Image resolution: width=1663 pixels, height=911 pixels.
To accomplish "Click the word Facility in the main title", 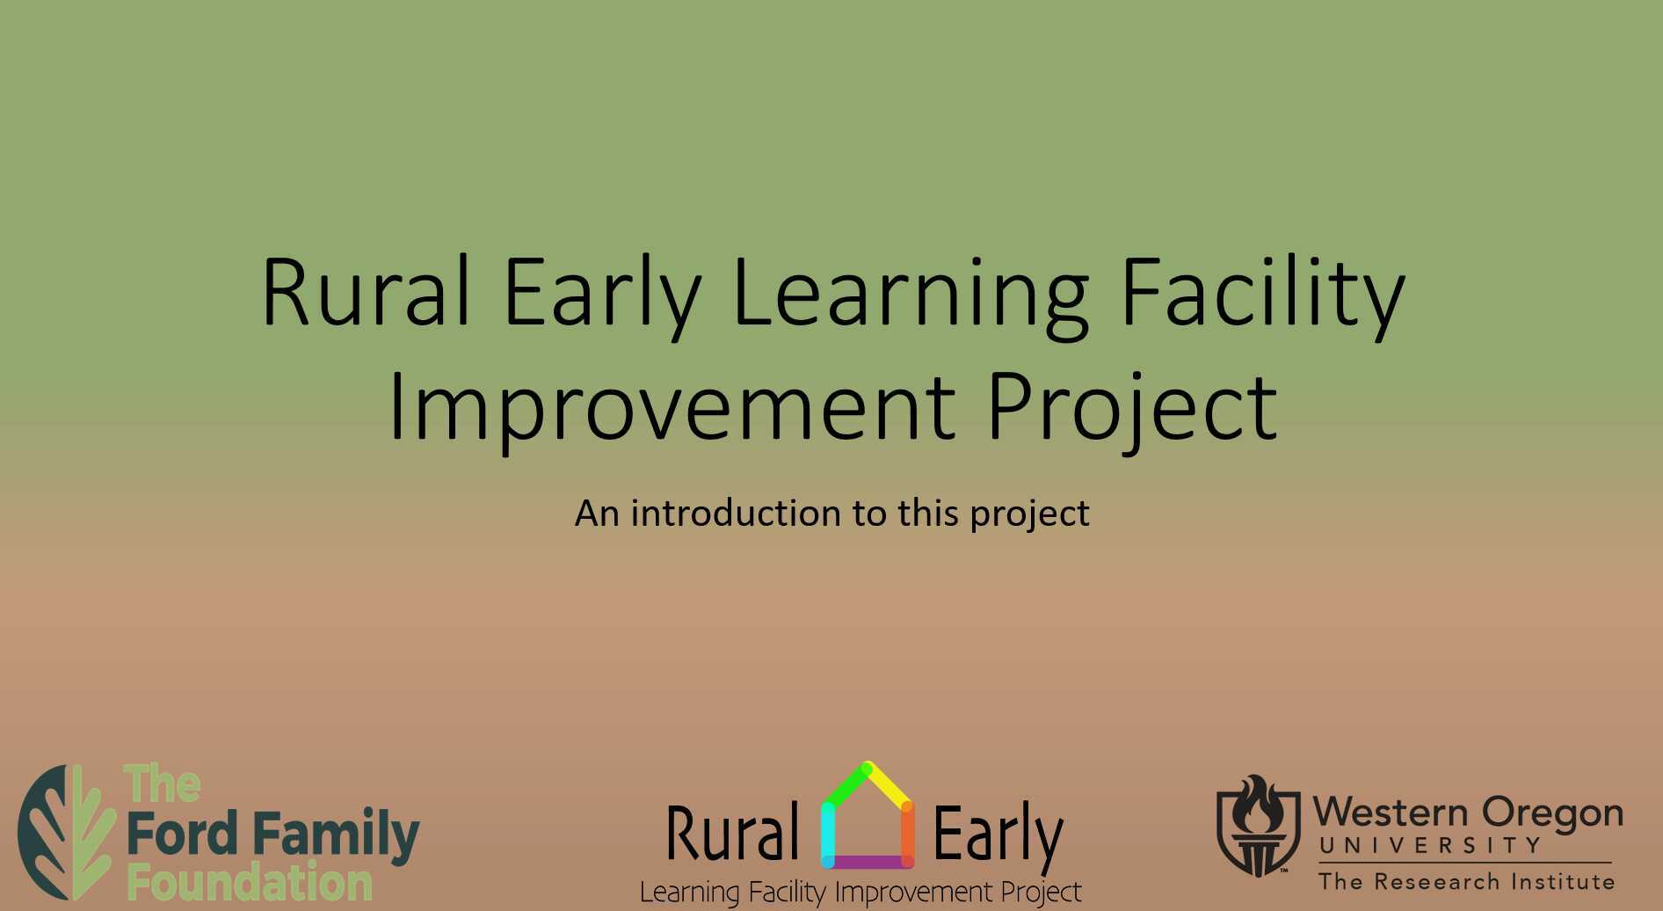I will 1262,292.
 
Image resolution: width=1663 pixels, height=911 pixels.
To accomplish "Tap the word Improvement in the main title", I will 672,406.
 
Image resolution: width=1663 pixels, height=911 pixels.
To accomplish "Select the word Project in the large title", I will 1131,406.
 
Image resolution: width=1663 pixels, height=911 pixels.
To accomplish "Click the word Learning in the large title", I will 909,292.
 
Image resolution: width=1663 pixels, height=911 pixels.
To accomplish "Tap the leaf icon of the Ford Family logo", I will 66,831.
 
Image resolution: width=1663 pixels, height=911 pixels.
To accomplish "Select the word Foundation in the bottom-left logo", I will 250,883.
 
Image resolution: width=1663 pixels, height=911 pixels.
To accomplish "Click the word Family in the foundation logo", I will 338,834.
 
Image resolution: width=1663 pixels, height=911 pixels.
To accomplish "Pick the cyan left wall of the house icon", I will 827,834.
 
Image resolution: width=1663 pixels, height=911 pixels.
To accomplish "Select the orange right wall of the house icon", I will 907,834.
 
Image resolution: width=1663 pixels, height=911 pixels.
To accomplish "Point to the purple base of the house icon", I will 868,862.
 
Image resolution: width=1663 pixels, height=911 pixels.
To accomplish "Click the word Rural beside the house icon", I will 731,833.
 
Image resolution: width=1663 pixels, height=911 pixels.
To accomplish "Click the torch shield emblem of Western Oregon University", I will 1258,826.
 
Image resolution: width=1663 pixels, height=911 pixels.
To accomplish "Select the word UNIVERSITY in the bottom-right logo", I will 1430,846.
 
